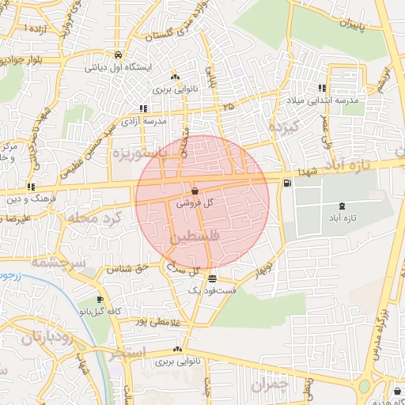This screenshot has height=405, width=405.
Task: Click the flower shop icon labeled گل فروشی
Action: [195, 191]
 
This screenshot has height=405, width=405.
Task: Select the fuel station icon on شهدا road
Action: [286, 183]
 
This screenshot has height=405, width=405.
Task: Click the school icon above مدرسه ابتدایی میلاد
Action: [322, 89]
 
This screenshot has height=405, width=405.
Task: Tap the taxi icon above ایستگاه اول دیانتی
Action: [117, 55]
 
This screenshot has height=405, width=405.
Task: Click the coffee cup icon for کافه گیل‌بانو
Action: [99, 300]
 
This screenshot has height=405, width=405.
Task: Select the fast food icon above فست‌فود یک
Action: [211, 278]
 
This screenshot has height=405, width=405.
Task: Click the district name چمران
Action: [271, 384]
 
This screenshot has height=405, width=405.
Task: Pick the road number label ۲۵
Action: [229, 105]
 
